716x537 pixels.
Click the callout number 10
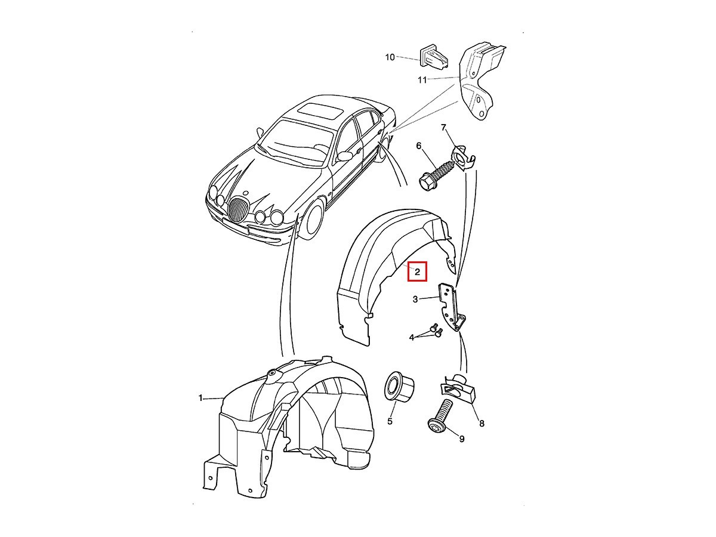click(390, 57)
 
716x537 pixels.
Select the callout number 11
click(422, 80)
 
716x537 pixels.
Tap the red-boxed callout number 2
click(417, 271)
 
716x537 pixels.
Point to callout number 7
click(443, 128)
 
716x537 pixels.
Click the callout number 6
click(419, 146)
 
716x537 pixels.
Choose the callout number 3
click(415, 299)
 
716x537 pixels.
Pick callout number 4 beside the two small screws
click(412, 338)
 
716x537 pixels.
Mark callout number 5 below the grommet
click(390, 421)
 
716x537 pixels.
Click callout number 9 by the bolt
click(462, 439)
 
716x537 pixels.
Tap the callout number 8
click(482, 424)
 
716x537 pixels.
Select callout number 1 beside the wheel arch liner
click(200, 398)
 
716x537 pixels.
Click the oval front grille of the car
click(237, 211)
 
